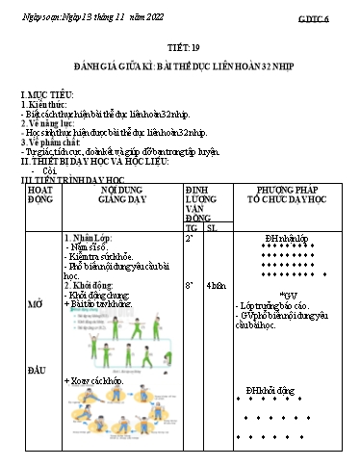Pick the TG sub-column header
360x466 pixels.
191,227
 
